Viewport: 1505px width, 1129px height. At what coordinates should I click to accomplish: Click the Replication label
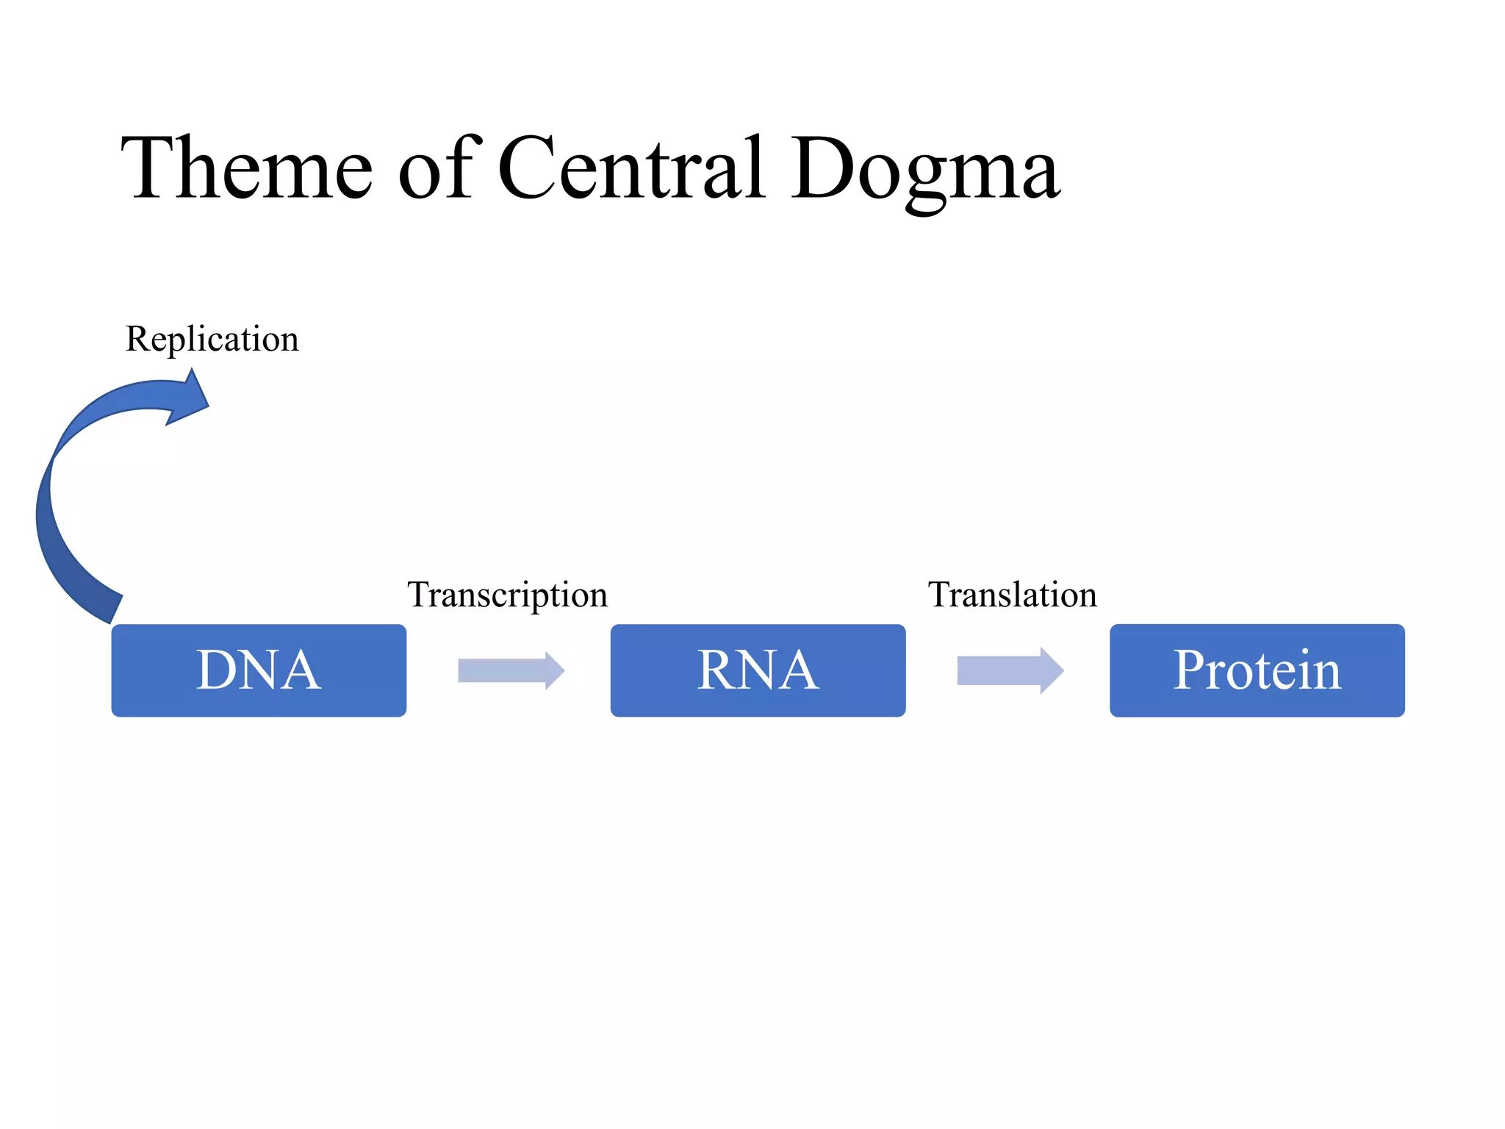coord(212,340)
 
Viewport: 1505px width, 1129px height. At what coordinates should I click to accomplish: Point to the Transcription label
coord(508,595)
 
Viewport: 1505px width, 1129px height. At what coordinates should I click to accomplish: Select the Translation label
coord(1012,595)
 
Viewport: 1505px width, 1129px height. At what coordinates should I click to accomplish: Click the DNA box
coord(259,670)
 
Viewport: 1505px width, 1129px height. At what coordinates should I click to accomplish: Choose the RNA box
coord(758,670)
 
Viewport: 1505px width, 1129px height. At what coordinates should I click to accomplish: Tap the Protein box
coord(1257,670)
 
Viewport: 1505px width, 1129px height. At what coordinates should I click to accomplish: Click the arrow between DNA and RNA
coord(511,670)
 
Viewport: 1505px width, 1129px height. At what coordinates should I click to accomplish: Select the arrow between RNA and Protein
coord(1010,670)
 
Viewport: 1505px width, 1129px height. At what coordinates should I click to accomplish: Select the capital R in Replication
coord(137,340)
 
